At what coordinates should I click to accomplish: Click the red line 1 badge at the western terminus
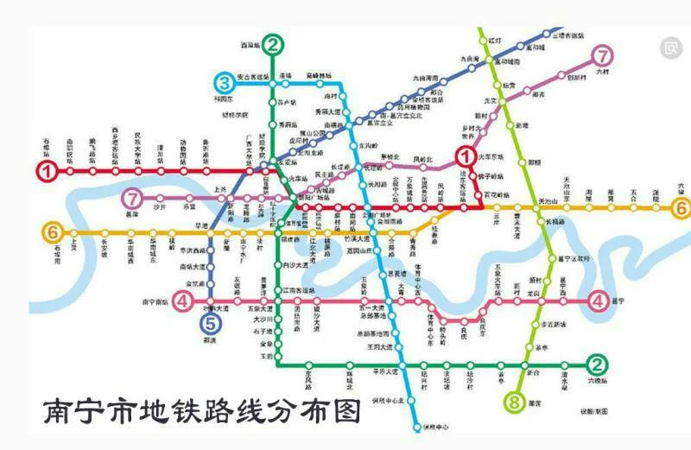point(45,171)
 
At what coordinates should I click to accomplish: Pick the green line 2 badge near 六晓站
point(594,364)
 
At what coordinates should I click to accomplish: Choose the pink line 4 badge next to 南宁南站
point(182,301)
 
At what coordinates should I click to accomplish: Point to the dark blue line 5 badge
point(210,324)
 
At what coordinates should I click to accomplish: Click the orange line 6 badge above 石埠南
point(53,231)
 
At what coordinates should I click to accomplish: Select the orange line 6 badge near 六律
point(681,208)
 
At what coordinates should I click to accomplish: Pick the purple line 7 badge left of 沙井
point(132,198)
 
